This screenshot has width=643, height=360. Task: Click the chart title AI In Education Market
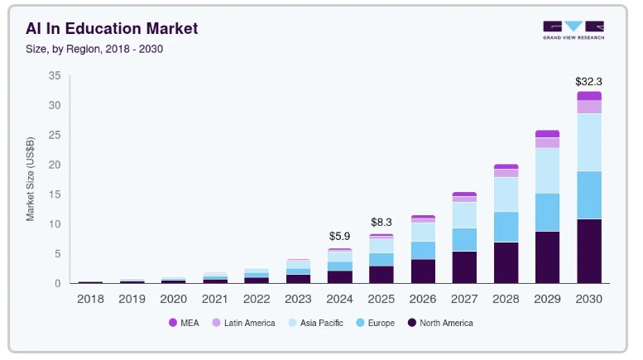click(112, 29)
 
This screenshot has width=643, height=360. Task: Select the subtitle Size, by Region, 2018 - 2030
click(94, 49)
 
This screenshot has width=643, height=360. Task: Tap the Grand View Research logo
click(573, 31)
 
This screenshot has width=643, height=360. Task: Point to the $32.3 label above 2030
click(588, 82)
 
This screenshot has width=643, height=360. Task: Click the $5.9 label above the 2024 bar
click(339, 236)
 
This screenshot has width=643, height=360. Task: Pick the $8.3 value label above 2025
click(381, 222)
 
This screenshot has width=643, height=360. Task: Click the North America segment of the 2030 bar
click(588, 251)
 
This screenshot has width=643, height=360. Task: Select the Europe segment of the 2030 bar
click(588, 194)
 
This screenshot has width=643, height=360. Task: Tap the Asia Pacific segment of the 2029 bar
click(547, 170)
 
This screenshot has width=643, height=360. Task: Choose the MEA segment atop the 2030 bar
click(588, 96)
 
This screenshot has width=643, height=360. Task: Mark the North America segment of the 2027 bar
click(464, 266)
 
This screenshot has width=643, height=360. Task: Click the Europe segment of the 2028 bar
click(506, 227)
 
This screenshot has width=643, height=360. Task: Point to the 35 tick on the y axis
click(55, 75)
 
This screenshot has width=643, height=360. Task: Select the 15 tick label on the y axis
click(55, 194)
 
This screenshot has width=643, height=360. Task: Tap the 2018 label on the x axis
click(90, 298)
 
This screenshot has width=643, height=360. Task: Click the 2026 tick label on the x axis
click(423, 298)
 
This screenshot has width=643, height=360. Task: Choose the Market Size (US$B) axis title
click(31, 180)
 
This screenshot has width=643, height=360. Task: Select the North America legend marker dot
click(411, 323)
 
